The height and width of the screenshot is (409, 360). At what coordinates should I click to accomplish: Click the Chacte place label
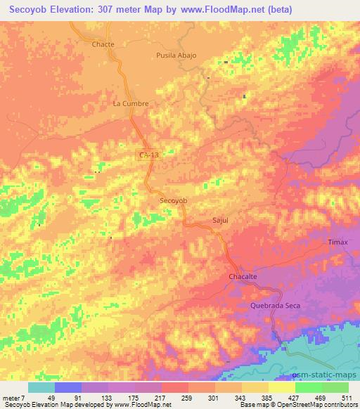pos(103,44)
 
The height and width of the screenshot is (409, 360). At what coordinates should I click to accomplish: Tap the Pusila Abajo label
pos(176,55)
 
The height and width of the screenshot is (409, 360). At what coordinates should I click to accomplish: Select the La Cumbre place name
pos(130,104)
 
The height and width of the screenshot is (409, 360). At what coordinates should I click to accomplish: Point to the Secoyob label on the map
pos(173,200)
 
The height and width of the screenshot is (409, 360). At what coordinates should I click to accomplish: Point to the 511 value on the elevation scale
pos(345,397)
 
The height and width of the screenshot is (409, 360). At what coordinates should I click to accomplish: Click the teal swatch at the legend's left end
pos(41,387)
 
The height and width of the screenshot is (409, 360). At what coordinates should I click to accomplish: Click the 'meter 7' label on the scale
pos(15,397)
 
